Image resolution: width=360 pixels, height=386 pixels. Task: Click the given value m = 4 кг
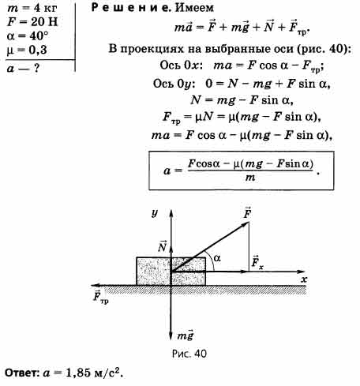(x=32, y=8)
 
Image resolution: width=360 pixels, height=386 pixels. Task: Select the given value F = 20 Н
(x=32, y=21)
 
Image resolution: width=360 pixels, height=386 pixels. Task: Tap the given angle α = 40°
(x=28, y=36)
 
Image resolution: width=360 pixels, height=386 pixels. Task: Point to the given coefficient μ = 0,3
(x=27, y=50)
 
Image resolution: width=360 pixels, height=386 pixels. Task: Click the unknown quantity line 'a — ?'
(x=23, y=69)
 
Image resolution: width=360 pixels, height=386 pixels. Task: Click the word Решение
(x=130, y=8)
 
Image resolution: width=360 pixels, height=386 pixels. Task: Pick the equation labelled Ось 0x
(x=242, y=66)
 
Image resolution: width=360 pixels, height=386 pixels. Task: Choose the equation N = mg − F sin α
(x=242, y=100)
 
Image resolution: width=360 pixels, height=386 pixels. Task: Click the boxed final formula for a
(x=242, y=171)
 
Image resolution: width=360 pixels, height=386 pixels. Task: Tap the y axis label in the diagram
(x=155, y=212)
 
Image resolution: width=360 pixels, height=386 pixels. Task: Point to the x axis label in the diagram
(x=304, y=279)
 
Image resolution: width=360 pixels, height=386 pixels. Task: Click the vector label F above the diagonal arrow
(x=247, y=212)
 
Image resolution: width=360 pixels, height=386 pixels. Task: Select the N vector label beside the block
(x=163, y=246)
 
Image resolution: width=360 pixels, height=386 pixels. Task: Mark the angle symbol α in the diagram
(x=217, y=258)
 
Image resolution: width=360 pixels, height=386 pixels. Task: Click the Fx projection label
(x=257, y=262)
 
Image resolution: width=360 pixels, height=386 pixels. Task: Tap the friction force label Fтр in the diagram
(x=101, y=297)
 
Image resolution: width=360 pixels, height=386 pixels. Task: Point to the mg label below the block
(x=186, y=335)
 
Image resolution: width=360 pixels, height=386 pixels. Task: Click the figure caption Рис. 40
(x=189, y=354)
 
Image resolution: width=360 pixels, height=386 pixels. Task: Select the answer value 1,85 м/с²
(x=94, y=373)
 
